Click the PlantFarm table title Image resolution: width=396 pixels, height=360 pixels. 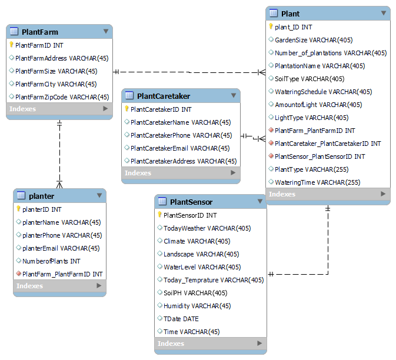(x=40, y=32)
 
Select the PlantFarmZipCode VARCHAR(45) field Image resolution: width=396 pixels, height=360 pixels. (x=62, y=97)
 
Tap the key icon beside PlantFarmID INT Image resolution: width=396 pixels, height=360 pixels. (x=11, y=45)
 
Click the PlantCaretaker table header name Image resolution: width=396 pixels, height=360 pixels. (x=163, y=96)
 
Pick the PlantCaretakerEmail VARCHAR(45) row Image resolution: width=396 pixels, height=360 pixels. (x=180, y=148)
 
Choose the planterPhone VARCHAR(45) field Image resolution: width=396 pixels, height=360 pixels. (x=61, y=235)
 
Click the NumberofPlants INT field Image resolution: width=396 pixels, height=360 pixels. (x=51, y=261)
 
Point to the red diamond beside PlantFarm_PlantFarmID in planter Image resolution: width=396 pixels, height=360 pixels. (x=19, y=274)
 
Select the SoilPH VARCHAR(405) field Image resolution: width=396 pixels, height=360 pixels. (x=195, y=293)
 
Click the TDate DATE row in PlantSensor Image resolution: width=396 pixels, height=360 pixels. (x=181, y=319)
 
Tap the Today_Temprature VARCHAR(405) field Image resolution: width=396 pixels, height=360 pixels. (x=213, y=280)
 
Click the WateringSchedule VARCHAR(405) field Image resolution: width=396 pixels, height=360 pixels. (x=323, y=92)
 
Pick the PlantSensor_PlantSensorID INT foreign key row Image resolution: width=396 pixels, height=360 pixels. (x=320, y=156)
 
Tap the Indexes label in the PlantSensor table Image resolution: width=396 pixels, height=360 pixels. (x=171, y=344)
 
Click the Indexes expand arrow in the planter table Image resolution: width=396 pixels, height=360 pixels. (x=99, y=286)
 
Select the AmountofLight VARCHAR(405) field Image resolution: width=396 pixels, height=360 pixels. (x=318, y=105)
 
